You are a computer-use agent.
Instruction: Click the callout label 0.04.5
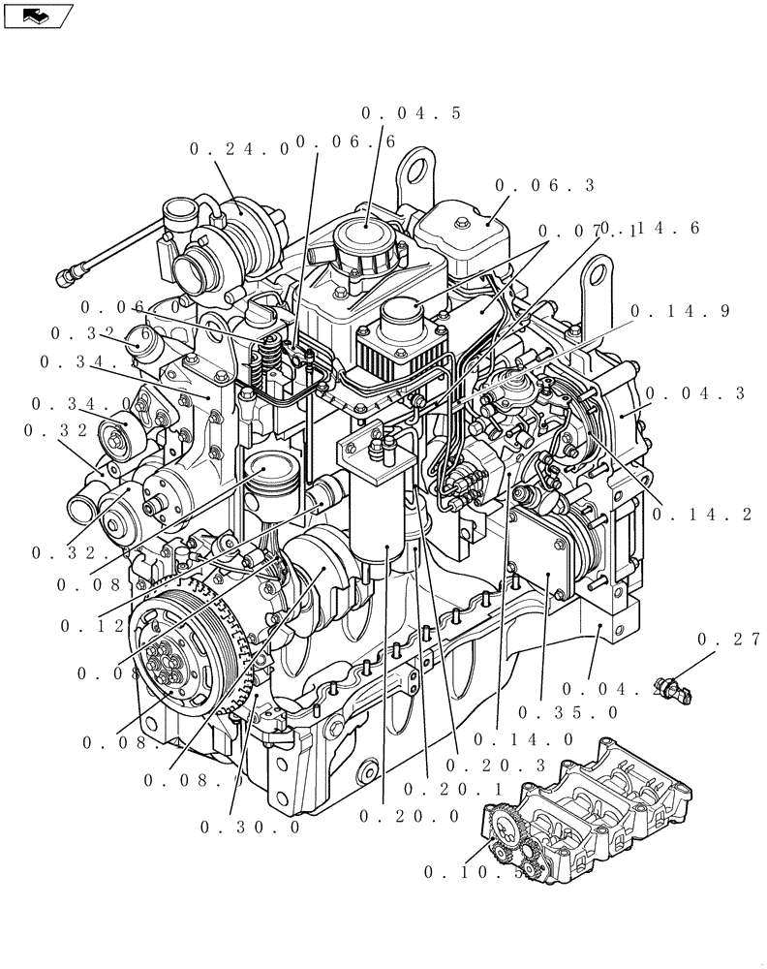(411, 113)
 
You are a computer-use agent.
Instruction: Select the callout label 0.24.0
(239, 149)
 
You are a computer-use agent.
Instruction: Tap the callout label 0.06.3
(544, 185)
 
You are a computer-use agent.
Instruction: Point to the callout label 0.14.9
(680, 312)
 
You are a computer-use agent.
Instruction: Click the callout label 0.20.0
(409, 816)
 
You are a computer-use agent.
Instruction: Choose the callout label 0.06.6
(346, 142)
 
